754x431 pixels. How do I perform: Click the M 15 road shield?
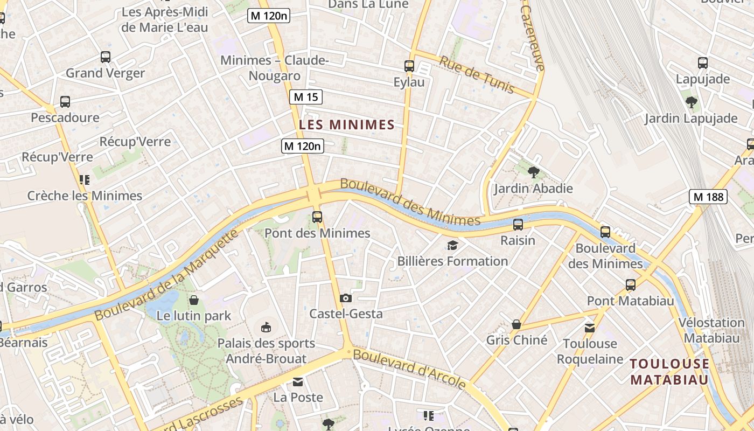pos(306,97)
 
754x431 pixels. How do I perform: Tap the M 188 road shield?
pos(708,197)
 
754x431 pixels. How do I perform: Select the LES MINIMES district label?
pos(347,125)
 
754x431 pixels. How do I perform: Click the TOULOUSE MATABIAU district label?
pos(669,372)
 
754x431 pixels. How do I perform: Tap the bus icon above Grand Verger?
pos(106,57)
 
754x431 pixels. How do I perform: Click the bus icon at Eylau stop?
pos(409,66)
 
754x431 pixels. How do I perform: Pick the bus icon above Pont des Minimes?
pos(317,217)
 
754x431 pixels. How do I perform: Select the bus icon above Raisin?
pos(518,224)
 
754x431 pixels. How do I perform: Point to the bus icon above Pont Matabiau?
pos(631,284)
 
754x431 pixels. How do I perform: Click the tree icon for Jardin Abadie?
pos(534,172)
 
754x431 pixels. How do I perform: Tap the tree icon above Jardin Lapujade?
pos(692,102)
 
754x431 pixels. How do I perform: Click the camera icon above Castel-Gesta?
pos(346,298)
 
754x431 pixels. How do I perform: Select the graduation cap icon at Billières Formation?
pos(452,246)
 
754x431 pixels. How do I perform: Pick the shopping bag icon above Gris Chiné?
pos(516,324)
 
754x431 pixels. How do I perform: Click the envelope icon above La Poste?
pos(298,382)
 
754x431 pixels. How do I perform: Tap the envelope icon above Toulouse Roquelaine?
pos(590,328)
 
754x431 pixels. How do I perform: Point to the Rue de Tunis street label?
pos(477,74)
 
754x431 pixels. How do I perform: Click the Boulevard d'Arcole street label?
pos(409,369)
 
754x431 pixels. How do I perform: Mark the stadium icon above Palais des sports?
pos(266,327)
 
